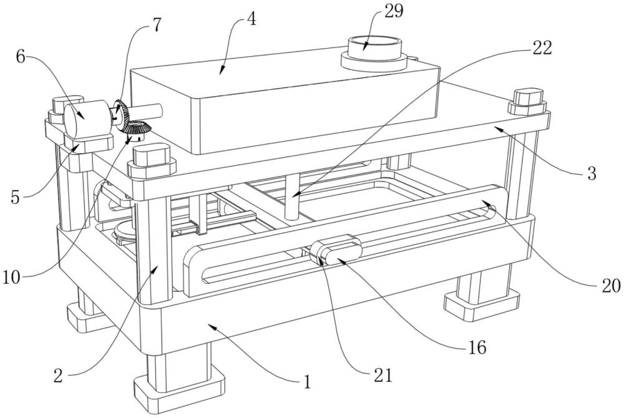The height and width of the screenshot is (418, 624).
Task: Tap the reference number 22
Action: coord(542,48)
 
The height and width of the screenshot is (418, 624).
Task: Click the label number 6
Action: coord(21,57)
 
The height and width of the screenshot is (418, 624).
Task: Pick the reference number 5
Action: coord(15,197)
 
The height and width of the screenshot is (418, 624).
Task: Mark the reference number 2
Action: coord(58,376)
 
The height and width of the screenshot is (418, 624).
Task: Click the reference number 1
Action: coord(306,382)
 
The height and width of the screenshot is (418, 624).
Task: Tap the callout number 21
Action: coord(383,375)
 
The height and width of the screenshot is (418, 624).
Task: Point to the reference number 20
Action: coord(611,285)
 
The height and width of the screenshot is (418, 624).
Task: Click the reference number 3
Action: coord(592,173)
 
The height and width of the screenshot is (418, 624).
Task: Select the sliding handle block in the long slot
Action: coord(336,251)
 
